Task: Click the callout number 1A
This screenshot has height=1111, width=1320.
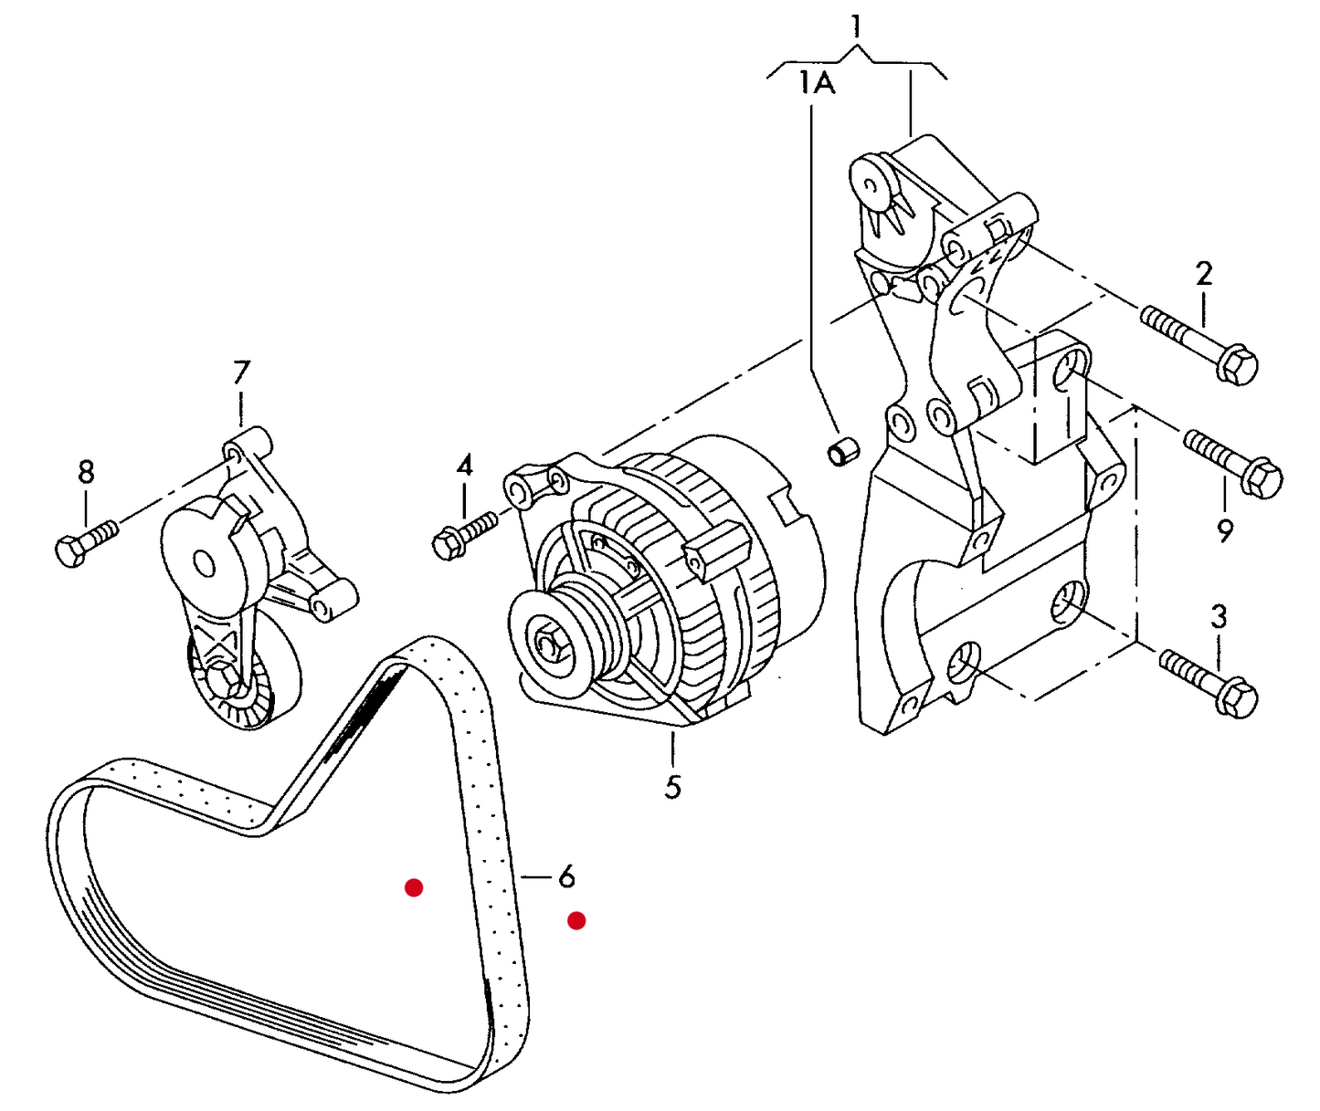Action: pyautogui.click(x=817, y=84)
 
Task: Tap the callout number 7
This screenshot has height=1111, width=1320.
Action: pyautogui.click(x=241, y=372)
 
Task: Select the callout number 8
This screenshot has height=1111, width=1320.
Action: pyautogui.click(x=86, y=472)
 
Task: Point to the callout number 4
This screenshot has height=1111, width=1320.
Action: pyautogui.click(x=465, y=466)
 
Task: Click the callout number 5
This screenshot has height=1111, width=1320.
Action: pyautogui.click(x=672, y=788)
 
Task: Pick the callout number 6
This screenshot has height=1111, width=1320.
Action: pyautogui.click(x=566, y=877)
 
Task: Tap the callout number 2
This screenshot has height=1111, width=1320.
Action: pyautogui.click(x=1204, y=274)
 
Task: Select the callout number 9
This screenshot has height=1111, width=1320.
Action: pyautogui.click(x=1225, y=531)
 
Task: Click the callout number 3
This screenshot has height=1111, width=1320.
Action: pyautogui.click(x=1219, y=617)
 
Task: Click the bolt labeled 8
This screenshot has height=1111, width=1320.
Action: pyautogui.click(x=88, y=542)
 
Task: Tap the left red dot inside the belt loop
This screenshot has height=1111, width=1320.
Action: pyautogui.click(x=414, y=888)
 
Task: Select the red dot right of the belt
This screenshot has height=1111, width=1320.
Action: pyautogui.click(x=576, y=921)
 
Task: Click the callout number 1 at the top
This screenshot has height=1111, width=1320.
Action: pyautogui.click(x=856, y=27)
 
